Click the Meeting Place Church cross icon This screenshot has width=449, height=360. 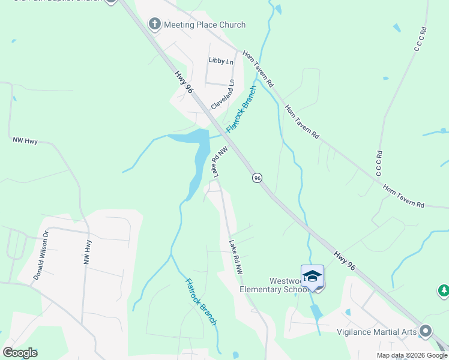(x=154, y=25)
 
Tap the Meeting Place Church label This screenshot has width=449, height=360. (x=205, y=25)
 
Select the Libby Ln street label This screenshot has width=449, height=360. (x=220, y=61)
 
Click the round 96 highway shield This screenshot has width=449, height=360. (x=257, y=178)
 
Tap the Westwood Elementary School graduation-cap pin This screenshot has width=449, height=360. (x=312, y=277)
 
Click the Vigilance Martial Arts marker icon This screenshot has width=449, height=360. (x=426, y=331)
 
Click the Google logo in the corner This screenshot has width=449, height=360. (x=20, y=353)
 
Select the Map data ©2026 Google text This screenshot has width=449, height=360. (x=411, y=355)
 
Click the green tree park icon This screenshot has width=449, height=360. (x=444, y=290)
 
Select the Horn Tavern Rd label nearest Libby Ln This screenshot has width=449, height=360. (x=258, y=68)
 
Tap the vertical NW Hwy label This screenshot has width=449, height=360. (x=89, y=253)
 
